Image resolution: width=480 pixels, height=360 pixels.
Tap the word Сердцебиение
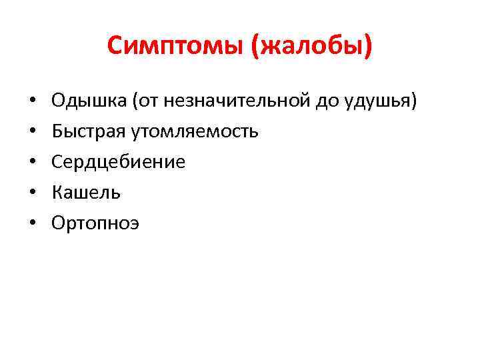tap(119, 162)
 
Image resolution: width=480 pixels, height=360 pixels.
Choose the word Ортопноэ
tap(97, 223)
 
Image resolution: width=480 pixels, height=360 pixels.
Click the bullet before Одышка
tap(32, 102)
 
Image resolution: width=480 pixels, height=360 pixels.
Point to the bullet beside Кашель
tap(32, 193)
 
